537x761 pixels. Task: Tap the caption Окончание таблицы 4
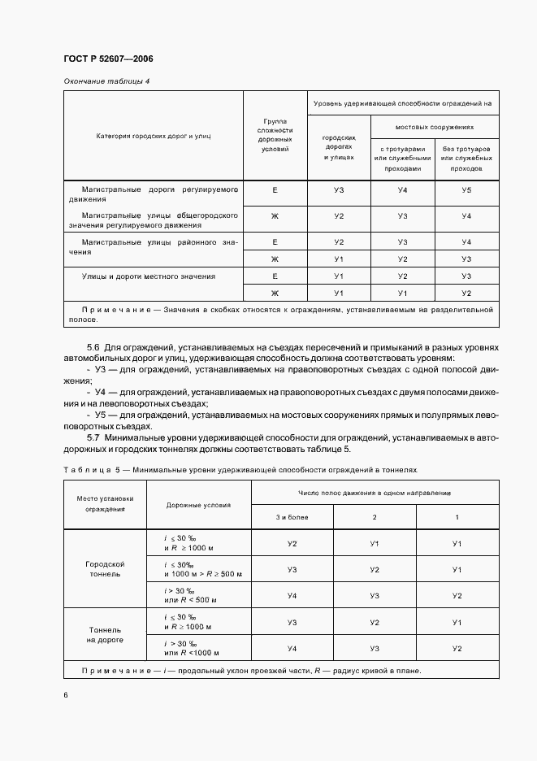pyautogui.click(x=106, y=80)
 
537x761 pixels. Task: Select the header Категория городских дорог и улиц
pyautogui.click(x=153, y=136)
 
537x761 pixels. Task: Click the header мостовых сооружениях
pyautogui.click(x=435, y=128)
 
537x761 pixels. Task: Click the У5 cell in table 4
pyautogui.click(x=466, y=189)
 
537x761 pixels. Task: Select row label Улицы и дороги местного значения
pyautogui.click(x=149, y=276)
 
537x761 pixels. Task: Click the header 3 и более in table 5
pyautogui.click(x=292, y=517)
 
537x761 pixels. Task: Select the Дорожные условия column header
pyautogui.click(x=198, y=505)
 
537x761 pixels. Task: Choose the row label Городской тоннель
pyautogui.click(x=105, y=567)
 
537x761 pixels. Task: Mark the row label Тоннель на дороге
pyautogui.click(x=105, y=634)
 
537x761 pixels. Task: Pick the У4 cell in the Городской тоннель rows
pyautogui.click(x=292, y=595)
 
